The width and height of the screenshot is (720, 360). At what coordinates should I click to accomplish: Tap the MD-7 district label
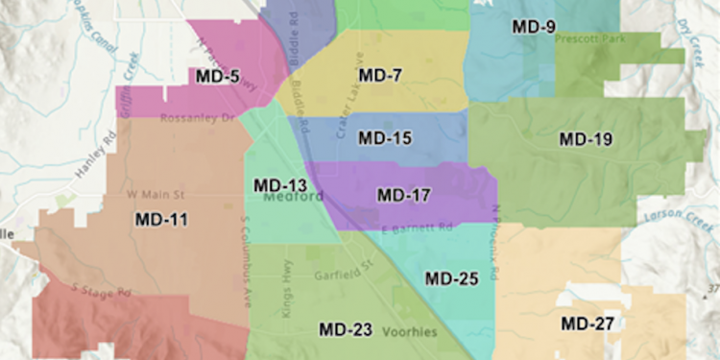point(379,75)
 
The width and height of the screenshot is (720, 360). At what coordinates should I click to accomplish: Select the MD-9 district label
point(533,27)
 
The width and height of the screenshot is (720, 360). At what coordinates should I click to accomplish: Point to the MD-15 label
point(385,138)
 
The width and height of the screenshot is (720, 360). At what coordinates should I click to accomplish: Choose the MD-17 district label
point(403,195)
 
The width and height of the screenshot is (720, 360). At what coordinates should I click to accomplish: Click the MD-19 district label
point(586,139)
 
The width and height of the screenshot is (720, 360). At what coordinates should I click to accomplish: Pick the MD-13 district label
point(279,184)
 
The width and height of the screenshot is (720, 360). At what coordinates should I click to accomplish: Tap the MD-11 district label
point(161,219)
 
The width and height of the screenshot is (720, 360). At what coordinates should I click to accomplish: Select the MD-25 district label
point(451,278)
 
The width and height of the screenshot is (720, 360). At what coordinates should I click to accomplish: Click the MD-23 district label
point(346,329)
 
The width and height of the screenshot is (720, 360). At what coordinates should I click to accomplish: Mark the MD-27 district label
point(588,324)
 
